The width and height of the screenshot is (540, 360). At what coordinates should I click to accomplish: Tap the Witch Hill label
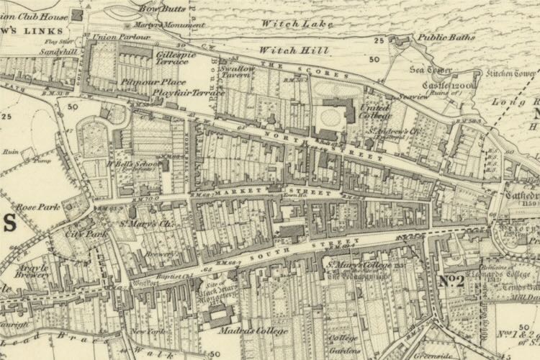coord(293,50)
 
